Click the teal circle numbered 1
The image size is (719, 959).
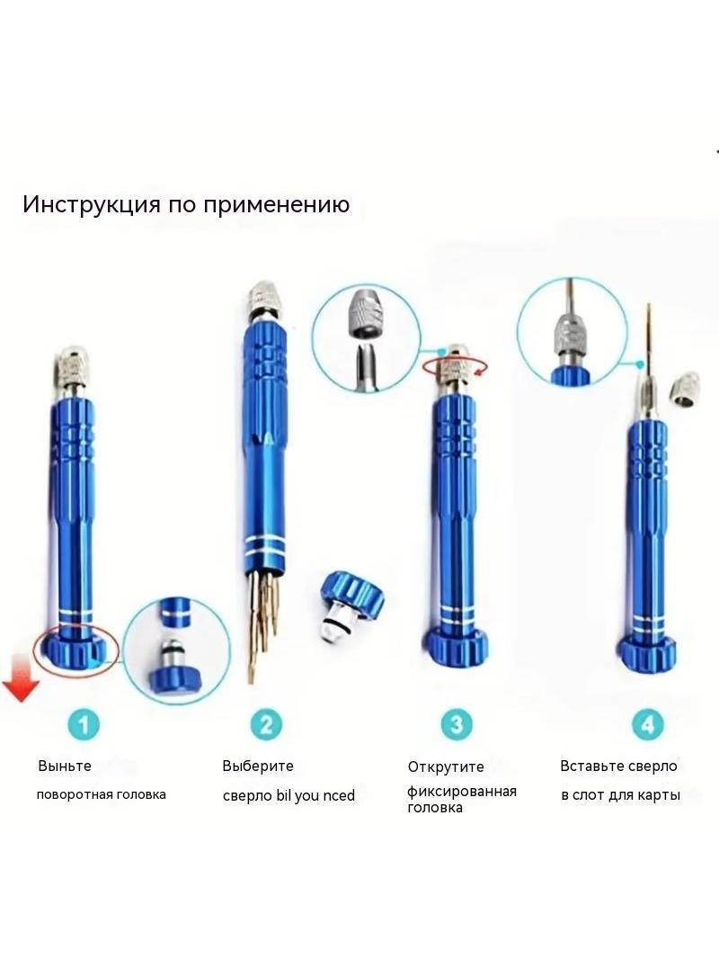tap(83, 724)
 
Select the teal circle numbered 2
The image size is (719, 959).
tap(266, 724)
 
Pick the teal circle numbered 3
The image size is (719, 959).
tap(457, 724)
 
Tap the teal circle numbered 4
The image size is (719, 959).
tap(647, 724)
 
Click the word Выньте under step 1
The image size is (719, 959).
tap(65, 766)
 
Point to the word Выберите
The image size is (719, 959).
tap(258, 766)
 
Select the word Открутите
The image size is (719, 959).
tap(446, 767)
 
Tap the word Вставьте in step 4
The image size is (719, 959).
tap(590, 766)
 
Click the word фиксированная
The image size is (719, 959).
tap(462, 792)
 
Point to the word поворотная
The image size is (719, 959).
tap(74, 795)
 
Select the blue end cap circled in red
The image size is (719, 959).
tap(74, 650)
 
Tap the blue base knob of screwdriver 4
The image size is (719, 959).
tap(647, 652)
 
